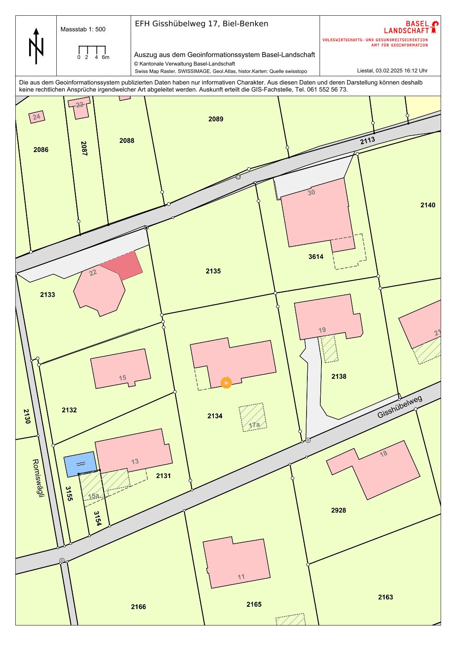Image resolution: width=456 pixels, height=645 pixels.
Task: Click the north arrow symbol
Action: pos(36,46)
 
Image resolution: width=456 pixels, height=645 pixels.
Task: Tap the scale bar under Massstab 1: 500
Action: pos(92,50)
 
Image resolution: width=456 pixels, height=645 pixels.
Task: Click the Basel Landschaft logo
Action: pos(411,27)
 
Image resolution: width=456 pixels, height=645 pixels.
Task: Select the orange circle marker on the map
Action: pos(226,383)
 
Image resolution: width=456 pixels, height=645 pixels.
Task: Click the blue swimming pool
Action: pos(80,464)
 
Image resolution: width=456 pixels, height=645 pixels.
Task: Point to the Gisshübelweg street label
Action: pos(400,407)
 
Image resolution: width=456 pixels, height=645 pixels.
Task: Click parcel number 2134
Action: pos(215,416)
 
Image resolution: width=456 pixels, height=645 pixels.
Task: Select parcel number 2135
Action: pos(213,271)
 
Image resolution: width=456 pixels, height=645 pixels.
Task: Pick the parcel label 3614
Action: pos(316,257)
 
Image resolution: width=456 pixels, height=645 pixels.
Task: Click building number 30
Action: pos(312,192)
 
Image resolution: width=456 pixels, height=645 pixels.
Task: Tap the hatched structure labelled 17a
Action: pos(253,418)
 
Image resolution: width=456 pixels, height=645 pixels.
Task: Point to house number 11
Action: pos(241,576)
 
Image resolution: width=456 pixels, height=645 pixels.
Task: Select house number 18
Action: pos(384,453)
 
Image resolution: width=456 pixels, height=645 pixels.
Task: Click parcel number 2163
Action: pos(385,597)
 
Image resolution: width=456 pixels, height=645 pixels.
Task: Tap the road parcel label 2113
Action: pos(367,141)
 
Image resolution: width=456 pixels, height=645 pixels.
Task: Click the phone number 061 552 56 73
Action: pos(327,90)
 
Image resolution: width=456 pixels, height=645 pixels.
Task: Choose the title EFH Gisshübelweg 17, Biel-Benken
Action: pos(202,24)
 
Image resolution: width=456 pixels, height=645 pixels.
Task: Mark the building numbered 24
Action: pos(36,117)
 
